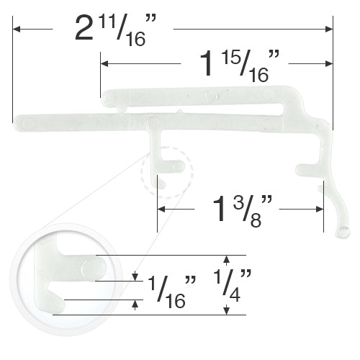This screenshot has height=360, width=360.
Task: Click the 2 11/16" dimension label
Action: (112, 31)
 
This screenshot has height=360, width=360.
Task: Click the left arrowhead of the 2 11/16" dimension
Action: (17, 29)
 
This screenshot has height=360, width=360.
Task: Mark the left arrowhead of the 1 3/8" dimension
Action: (161, 210)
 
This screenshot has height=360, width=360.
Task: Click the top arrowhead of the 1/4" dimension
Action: (227, 258)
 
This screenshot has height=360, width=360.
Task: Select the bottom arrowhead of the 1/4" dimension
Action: (227, 311)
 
